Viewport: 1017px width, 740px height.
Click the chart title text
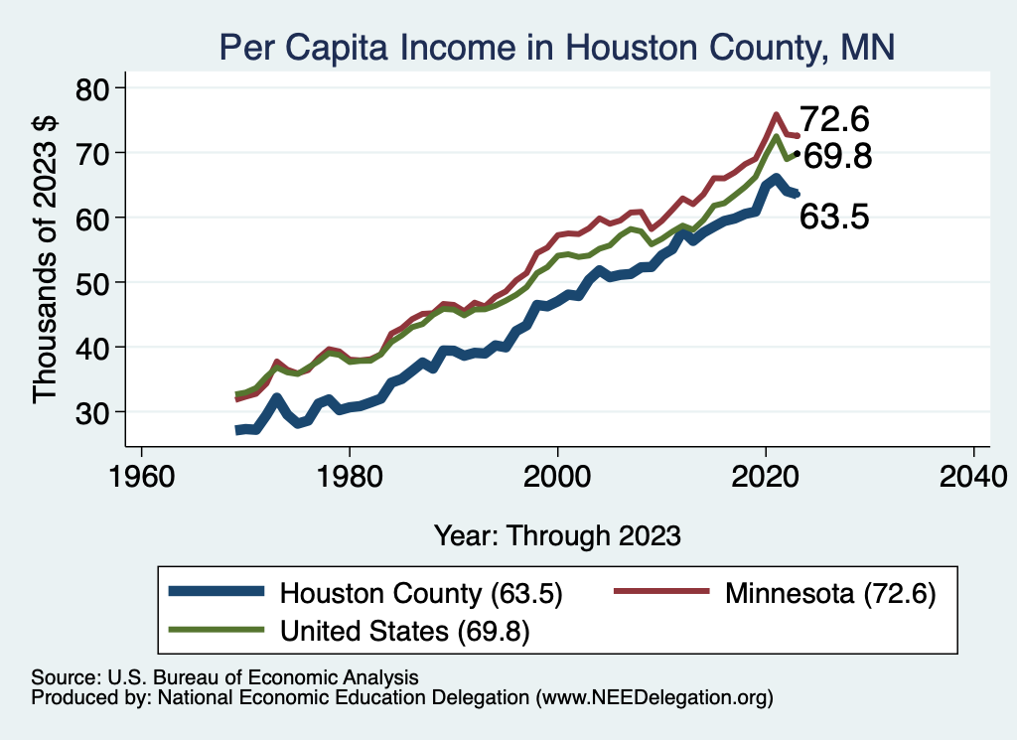coord(556,47)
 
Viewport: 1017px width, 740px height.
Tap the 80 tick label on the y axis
coord(96,89)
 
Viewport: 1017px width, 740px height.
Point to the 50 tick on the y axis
coord(96,283)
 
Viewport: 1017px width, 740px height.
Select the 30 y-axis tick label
coord(96,412)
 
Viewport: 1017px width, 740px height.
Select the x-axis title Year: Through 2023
coord(557,535)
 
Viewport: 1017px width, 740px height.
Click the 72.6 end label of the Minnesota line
coord(834,120)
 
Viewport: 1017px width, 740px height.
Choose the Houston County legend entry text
coord(422,594)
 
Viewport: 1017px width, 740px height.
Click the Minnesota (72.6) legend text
coord(831,594)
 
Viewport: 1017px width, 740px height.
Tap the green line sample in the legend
coord(218,629)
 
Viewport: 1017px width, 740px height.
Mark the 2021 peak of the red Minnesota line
coord(776,114)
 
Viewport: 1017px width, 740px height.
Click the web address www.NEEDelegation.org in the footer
coord(653,698)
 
